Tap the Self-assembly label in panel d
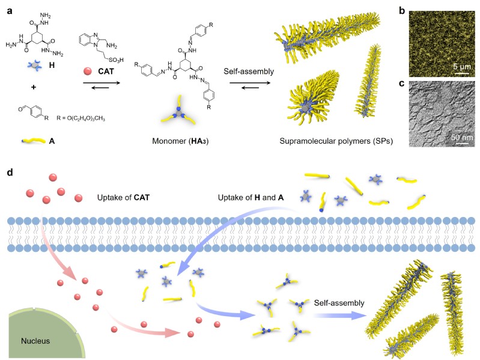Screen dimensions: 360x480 point(339,302)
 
